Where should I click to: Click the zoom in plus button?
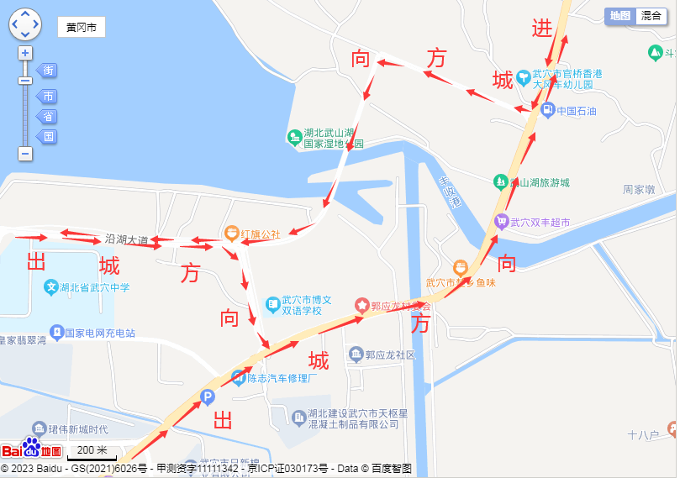[x=25, y=53]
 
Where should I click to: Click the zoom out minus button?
[x=25, y=154]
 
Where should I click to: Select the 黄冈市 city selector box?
[x=82, y=28]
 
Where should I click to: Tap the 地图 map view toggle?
[x=620, y=15]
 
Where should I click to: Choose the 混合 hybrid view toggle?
[x=651, y=15]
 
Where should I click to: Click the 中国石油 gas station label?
[x=576, y=111]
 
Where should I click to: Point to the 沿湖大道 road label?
[x=127, y=239]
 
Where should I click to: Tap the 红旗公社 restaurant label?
[x=261, y=234]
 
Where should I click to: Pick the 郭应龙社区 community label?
[x=390, y=355]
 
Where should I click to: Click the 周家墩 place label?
[x=639, y=190]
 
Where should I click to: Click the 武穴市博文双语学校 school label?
[x=307, y=305]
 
